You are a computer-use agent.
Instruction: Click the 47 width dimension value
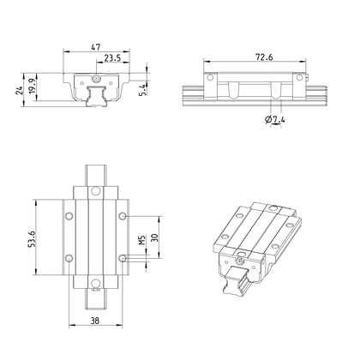click(96, 47)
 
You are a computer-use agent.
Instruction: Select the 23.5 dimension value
click(112, 58)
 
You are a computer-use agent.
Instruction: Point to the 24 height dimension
click(19, 91)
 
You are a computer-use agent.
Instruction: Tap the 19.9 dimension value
click(32, 86)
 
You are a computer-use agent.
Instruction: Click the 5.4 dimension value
click(143, 90)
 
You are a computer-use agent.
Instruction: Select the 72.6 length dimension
click(264, 57)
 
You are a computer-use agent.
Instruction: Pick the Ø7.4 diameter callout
click(275, 119)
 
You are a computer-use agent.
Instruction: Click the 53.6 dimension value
click(32, 239)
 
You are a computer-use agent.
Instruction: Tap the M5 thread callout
click(141, 240)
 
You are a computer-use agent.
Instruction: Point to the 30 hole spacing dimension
click(154, 237)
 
